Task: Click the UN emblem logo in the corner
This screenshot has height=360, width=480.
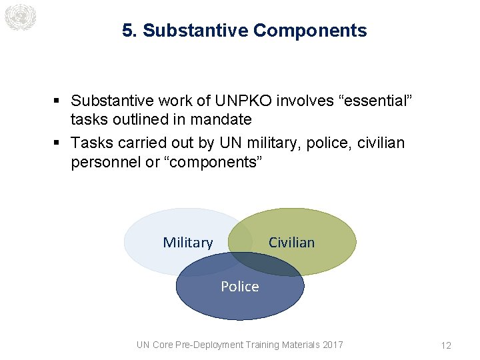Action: tap(19, 17)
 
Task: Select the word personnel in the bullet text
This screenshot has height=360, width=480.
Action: tap(105, 162)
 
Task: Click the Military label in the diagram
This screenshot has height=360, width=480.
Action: tap(188, 243)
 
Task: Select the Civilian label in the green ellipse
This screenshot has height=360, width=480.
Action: tap(291, 243)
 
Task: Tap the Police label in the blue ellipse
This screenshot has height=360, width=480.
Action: tap(240, 287)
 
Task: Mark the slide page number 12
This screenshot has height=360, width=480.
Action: tap(446, 345)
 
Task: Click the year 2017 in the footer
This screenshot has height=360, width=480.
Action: tap(332, 345)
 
